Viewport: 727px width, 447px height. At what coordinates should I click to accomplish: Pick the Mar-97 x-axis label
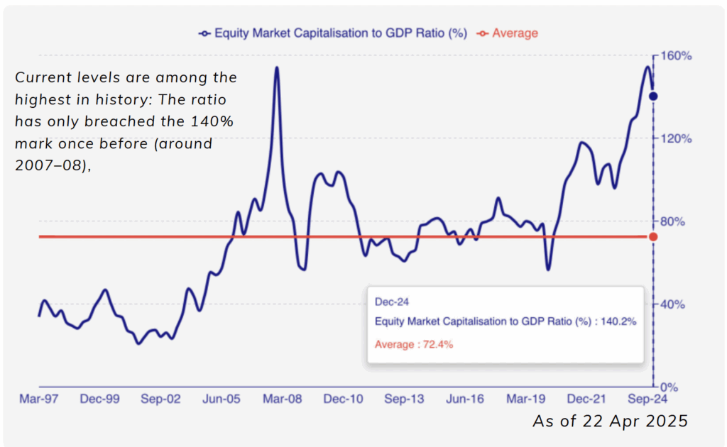(x=38, y=399)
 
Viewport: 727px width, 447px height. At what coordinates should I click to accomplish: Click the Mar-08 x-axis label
(x=282, y=399)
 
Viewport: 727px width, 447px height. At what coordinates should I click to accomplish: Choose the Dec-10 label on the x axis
(x=343, y=399)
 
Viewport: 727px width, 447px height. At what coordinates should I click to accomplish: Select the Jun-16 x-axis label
(x=464, y=399)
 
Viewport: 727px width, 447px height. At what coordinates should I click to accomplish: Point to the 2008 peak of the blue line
(x=276, y=68)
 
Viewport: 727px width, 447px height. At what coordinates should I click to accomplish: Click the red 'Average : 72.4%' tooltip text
(x=414, y=345)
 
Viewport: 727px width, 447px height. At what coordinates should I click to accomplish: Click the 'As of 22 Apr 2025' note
(x=610, y=421)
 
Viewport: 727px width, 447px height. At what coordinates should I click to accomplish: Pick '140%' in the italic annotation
(x=213, y=121)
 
